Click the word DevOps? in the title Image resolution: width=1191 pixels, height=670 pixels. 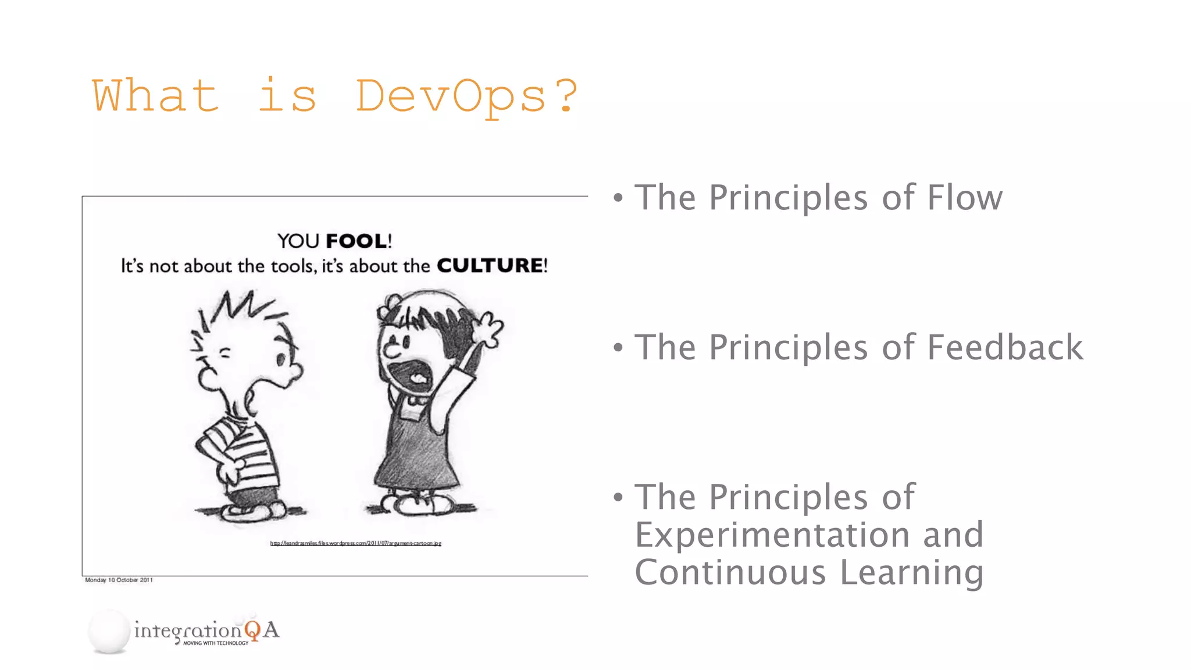click(x=466, y=97)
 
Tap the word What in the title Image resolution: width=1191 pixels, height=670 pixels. click(x=156, y=97)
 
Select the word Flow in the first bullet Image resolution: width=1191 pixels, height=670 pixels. click(x=964, y=198)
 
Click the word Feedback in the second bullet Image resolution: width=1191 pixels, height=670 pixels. click(x=1005, y=347)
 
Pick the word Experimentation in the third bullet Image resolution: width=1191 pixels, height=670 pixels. click(x=772, y=535)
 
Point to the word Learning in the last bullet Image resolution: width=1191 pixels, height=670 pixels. click(x=911, y=572)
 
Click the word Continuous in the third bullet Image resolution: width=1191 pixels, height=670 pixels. click(x=730, y=572)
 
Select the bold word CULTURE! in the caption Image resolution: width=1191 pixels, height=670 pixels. click(x=492, y=266)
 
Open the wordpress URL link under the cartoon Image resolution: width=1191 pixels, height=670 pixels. click(x=355, y=543)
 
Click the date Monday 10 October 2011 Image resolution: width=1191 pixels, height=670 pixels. click(x=119, y=580)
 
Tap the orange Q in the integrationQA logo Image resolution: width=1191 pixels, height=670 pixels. click(x=252, y=630)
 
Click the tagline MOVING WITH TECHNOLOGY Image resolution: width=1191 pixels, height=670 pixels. click(x=216, y=643)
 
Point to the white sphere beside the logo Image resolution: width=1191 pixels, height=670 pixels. click(x=109, y=631)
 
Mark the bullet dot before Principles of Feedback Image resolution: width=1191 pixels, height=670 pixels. click(x=618, y=348)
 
